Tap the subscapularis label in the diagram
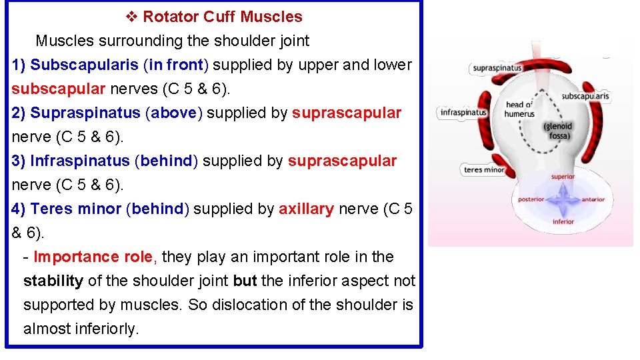(585, 97)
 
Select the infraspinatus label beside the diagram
(463, 113)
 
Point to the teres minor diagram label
(484, 170)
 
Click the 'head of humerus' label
(520, 109)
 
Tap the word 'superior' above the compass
(563, 177)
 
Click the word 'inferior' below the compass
(563, 222)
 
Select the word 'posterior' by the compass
(531, 199)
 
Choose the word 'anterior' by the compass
(593, 199)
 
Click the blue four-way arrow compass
(563, 199)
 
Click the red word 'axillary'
(306, 209)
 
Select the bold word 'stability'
(53, 281)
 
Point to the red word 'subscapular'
(59, 89)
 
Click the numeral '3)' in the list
(19, 161)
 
